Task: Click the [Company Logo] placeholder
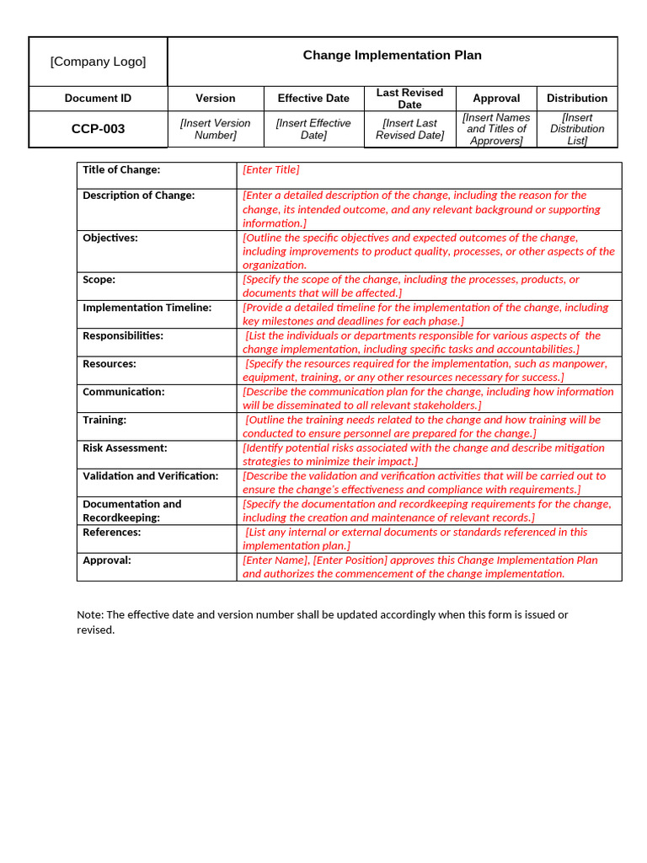(98, 62)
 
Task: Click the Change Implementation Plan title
(392, 56)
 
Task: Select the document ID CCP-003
(98, 129)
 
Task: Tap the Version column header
(216, 98)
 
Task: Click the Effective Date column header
(313, 98)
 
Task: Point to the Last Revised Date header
(409, 99)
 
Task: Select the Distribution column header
(576, 98)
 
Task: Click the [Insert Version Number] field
(216, 129)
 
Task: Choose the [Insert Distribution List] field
(577, 129)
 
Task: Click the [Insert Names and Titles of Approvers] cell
(496, 129)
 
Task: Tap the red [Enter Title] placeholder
(270, 170)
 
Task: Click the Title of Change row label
(121, 170)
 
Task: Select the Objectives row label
(110, 239)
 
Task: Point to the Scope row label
(99, 280)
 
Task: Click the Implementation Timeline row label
(147, 308)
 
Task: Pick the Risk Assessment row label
(125, 448)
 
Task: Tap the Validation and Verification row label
(150, 476)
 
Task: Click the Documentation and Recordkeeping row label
(131, 511)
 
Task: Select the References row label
(111, 533)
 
